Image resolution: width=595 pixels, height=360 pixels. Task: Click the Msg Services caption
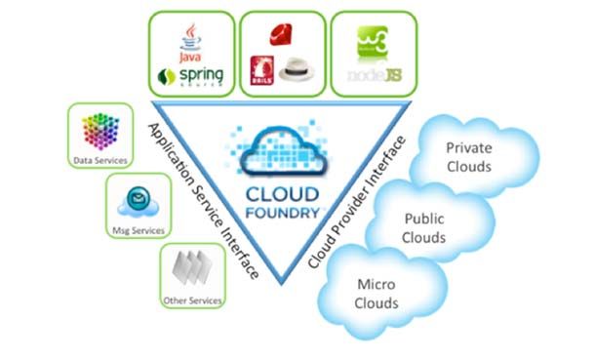(138, 230)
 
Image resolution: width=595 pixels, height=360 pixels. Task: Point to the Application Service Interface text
(202, 200)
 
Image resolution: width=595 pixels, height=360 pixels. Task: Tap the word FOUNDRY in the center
(283, 206)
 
